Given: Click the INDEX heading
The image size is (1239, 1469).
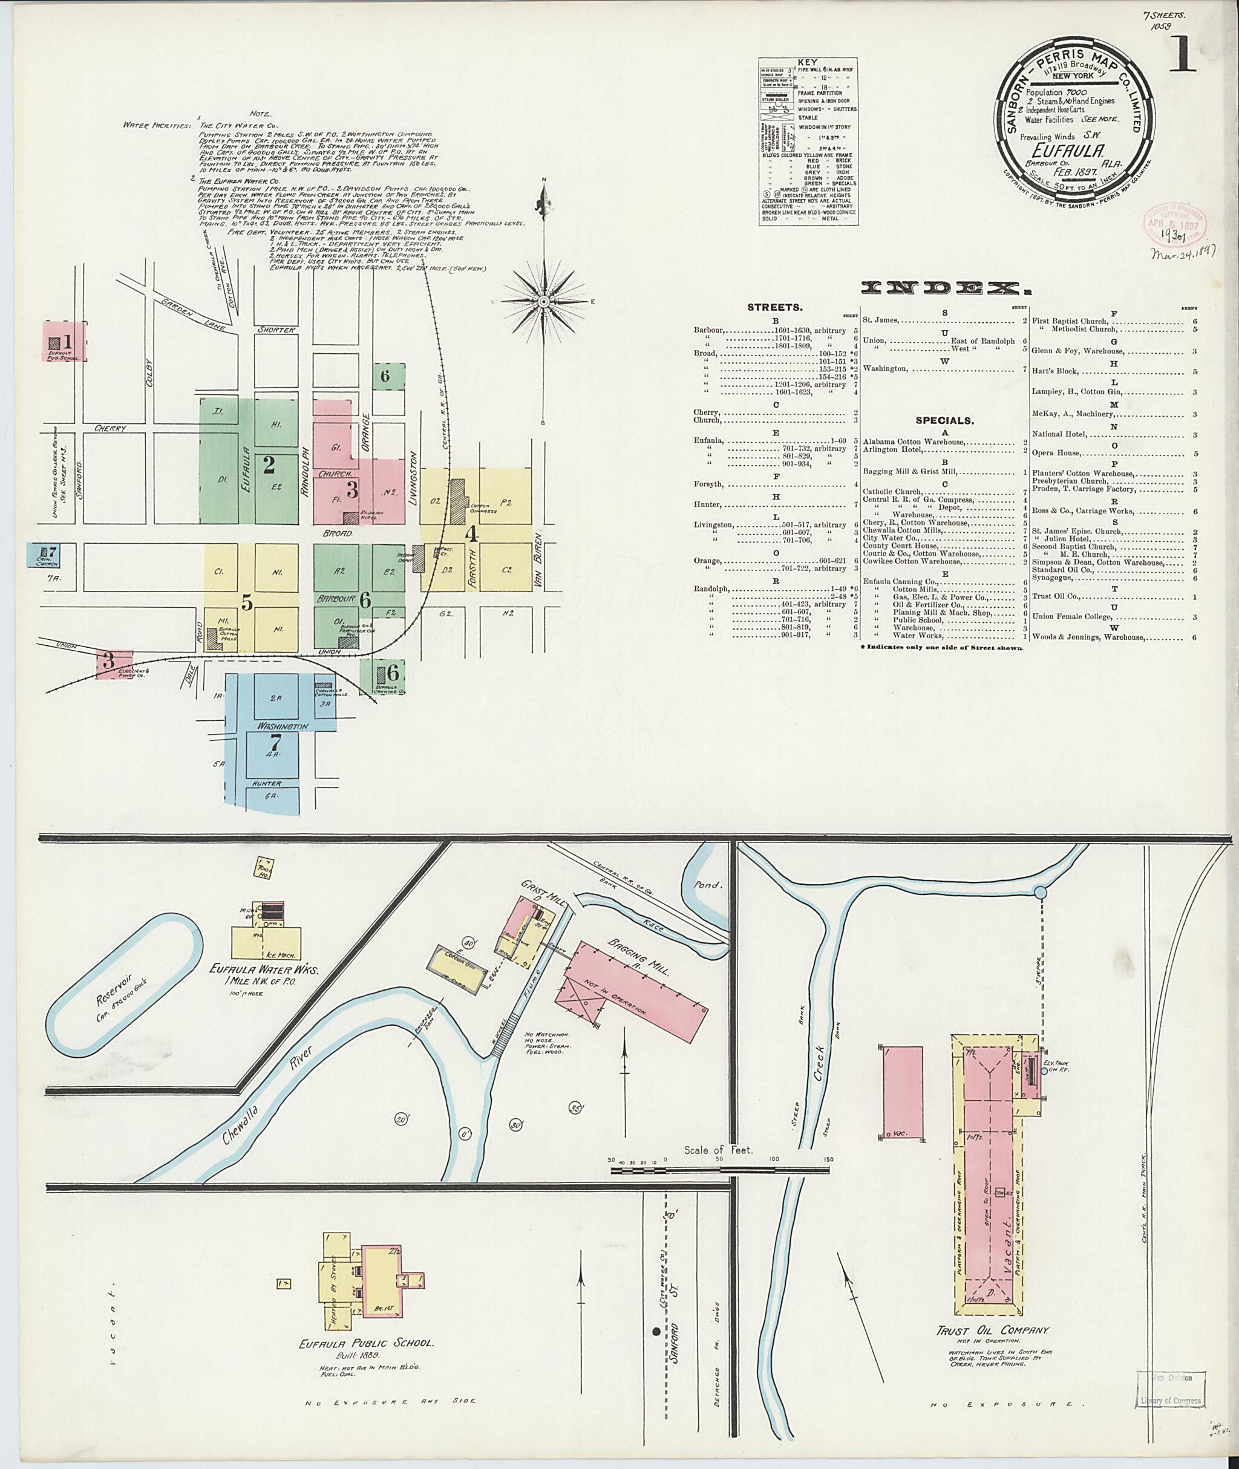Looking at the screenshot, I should [941, 288].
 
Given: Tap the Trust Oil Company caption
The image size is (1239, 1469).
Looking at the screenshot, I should [992, 1331].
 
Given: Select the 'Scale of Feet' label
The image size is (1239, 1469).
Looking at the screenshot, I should [718, 1150].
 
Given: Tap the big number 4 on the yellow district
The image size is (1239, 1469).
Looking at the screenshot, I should [472, 533].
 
